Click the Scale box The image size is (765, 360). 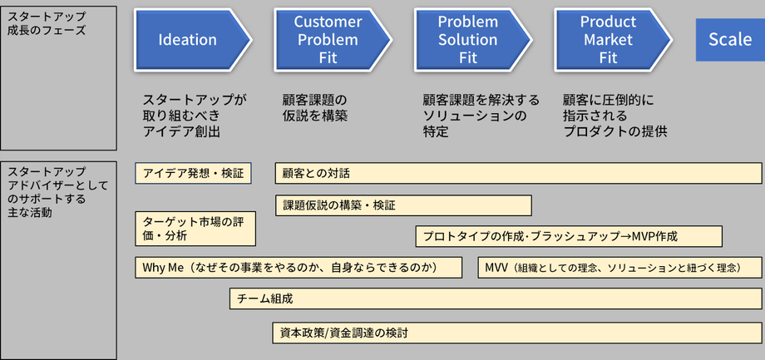click(x=730, y=40)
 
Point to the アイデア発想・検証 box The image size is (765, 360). click(x=193, y=173)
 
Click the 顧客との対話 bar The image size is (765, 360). click(x=518, y=173)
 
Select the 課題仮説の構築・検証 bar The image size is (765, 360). click(x=403, y=205)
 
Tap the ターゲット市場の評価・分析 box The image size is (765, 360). click(x=195, y=229)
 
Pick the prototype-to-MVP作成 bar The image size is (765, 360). click(x=569, y=236)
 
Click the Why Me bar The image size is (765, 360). click(x=299, y=268)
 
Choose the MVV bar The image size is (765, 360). click(x=619, y=268)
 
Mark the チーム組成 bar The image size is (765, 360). click(x=496, y=298)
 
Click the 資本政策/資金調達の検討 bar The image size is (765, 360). click(x=517, y=333)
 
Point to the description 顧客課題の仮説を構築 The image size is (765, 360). click(x=314, y=108)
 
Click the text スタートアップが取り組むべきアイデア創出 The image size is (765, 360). click(x=195, y=116)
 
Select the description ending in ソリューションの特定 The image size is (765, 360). click(x=481, y=116)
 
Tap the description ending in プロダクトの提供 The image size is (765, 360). click(x=614, y=116)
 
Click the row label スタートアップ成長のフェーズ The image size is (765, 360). click(x=47, y=24)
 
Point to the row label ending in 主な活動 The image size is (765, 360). click(x=57, y=192)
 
